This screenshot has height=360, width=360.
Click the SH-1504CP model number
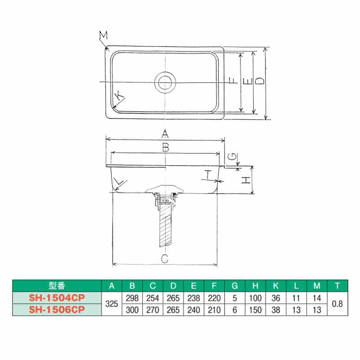pyautogui.click(x=57, y=298)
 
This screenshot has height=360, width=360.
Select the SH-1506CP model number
pyautogui.click(x=57, y=310)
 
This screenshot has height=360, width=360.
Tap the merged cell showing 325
pyautogui.click(x=112, y=304)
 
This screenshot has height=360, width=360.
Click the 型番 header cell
pyautogui.click(x=57, y=286)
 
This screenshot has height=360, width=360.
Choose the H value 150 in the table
pyautogui.click(x=255, y=310)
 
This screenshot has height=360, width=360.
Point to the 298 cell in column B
pyautogui.click(x=132, y=298)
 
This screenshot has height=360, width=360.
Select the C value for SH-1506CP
pyautogui.click(x=153, y=310)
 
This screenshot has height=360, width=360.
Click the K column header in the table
pyautogui.click(x=275, y=286)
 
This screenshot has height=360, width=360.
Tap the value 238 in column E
pyautogui.click(x=193, y=298)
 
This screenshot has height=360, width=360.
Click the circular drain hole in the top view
pyautogui.click(x=165, y=82)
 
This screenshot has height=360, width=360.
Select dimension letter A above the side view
pyautogui.click(x=165, y=134)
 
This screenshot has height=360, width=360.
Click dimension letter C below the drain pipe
pyautogui.click(x=165, y=258)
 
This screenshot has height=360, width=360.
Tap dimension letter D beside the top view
pyautogui.click(x=260, y=81)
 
